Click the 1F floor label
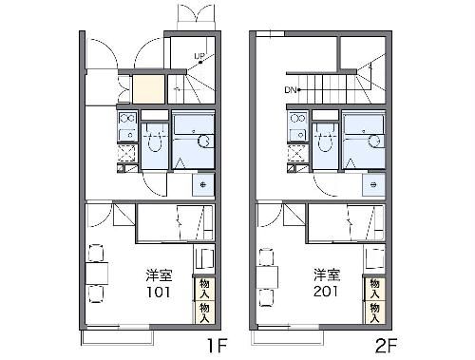point(217,346)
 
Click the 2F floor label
point(387,346)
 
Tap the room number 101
point(159,292)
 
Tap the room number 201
point(326,292)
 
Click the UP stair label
point(199,56)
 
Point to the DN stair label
point(290,90)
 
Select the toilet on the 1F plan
point(155,142)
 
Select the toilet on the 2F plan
point(325,142)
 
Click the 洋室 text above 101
point(159,275)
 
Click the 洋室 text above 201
point(327,275)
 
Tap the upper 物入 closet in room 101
point(204,289)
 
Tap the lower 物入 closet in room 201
point(375,313)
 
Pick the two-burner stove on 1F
point(127,119)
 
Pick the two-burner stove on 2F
point(298,119)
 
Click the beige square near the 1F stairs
point(148,89)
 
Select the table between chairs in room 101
point(97,273)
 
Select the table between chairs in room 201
point(267,277)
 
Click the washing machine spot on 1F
point(203,185)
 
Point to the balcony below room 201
point(287,337)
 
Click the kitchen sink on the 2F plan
point(298,135)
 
